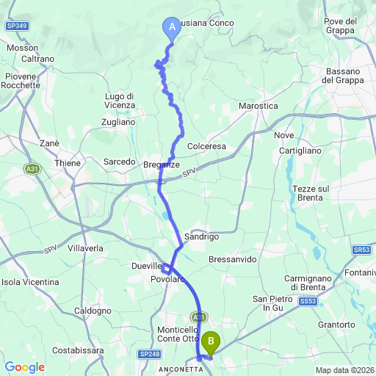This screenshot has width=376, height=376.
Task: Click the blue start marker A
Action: pyautogui.click(x=172, y=29)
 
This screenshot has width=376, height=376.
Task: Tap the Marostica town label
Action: pyautogui.click(x=258, y=106)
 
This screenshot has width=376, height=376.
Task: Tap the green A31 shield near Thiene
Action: pyautogui.click(x=32, y=169)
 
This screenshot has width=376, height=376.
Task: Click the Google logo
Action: pyautogui.click(x=24, y=367)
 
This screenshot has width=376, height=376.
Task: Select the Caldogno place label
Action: pyautogui.click(x=92, y=311)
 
